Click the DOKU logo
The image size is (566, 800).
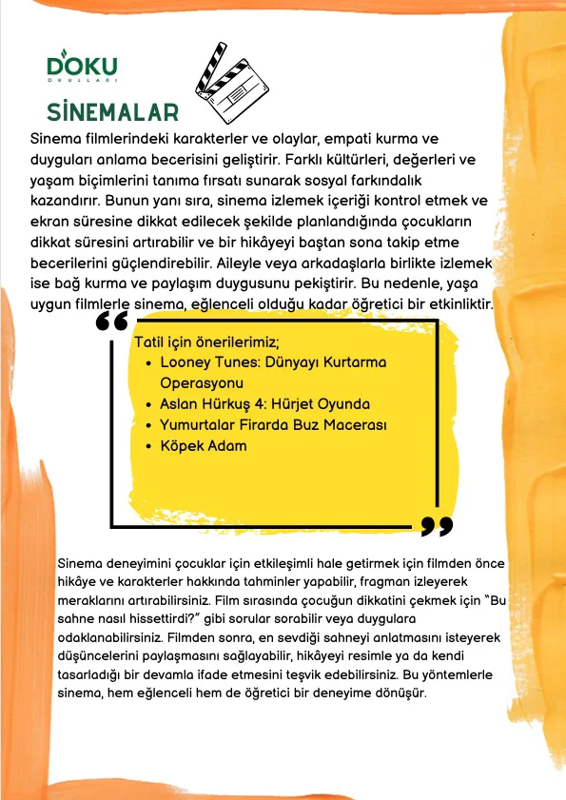point(82,67)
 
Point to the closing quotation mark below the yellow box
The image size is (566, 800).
point(436,525)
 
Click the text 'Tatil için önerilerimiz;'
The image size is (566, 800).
point(205,342)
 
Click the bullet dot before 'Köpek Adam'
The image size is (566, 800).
point(148,445)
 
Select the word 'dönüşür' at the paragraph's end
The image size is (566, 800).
point(402,693)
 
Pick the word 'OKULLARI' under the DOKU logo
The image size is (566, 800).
point(82,83)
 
